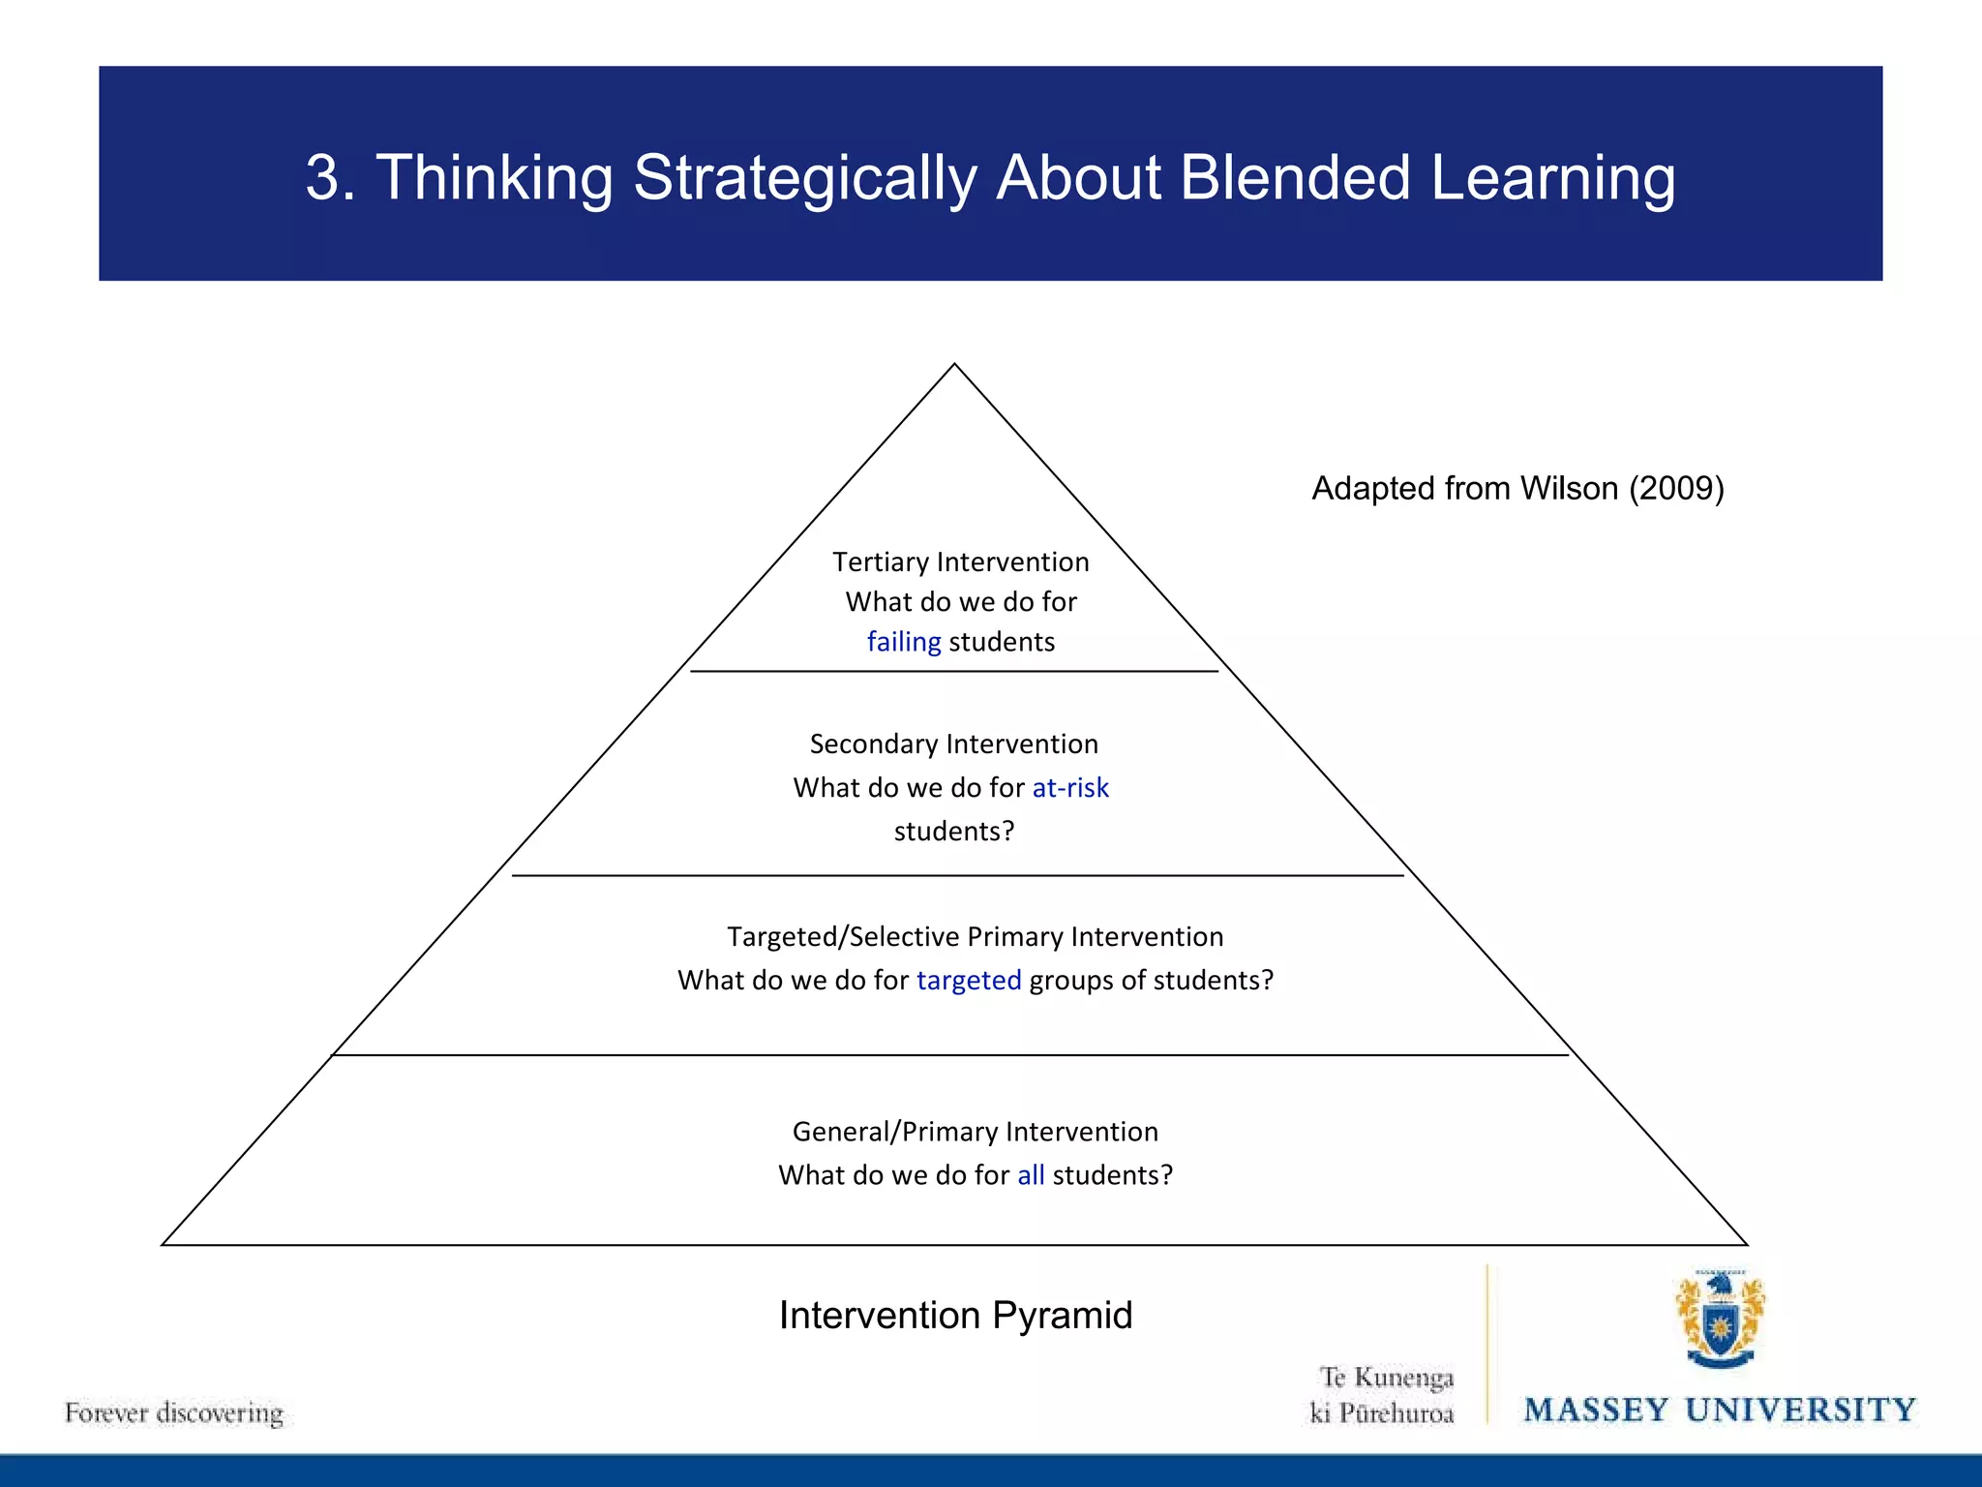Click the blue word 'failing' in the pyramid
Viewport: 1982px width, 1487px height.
[903, 642]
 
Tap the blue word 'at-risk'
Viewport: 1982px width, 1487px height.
[1070, 788]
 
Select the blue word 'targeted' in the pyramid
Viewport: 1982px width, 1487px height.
[969, 981]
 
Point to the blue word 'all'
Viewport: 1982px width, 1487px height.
[1031, 1175]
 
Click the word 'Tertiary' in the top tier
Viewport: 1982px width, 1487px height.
[880, 562]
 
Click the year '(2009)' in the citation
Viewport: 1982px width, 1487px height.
[1676, 489]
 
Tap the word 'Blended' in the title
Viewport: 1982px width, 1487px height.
[1295, 178]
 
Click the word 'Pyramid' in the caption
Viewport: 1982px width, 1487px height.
[1062, 1316]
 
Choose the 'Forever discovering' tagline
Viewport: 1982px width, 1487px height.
[174, 1413]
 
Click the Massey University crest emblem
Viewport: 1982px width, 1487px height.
[1720, 1319]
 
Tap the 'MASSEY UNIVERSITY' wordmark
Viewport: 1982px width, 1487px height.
[1720, 1411]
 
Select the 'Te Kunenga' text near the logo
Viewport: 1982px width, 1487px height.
[1386, 1378]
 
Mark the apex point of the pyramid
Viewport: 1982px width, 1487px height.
[954, 365]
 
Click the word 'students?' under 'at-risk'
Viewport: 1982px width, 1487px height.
[954, 832]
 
